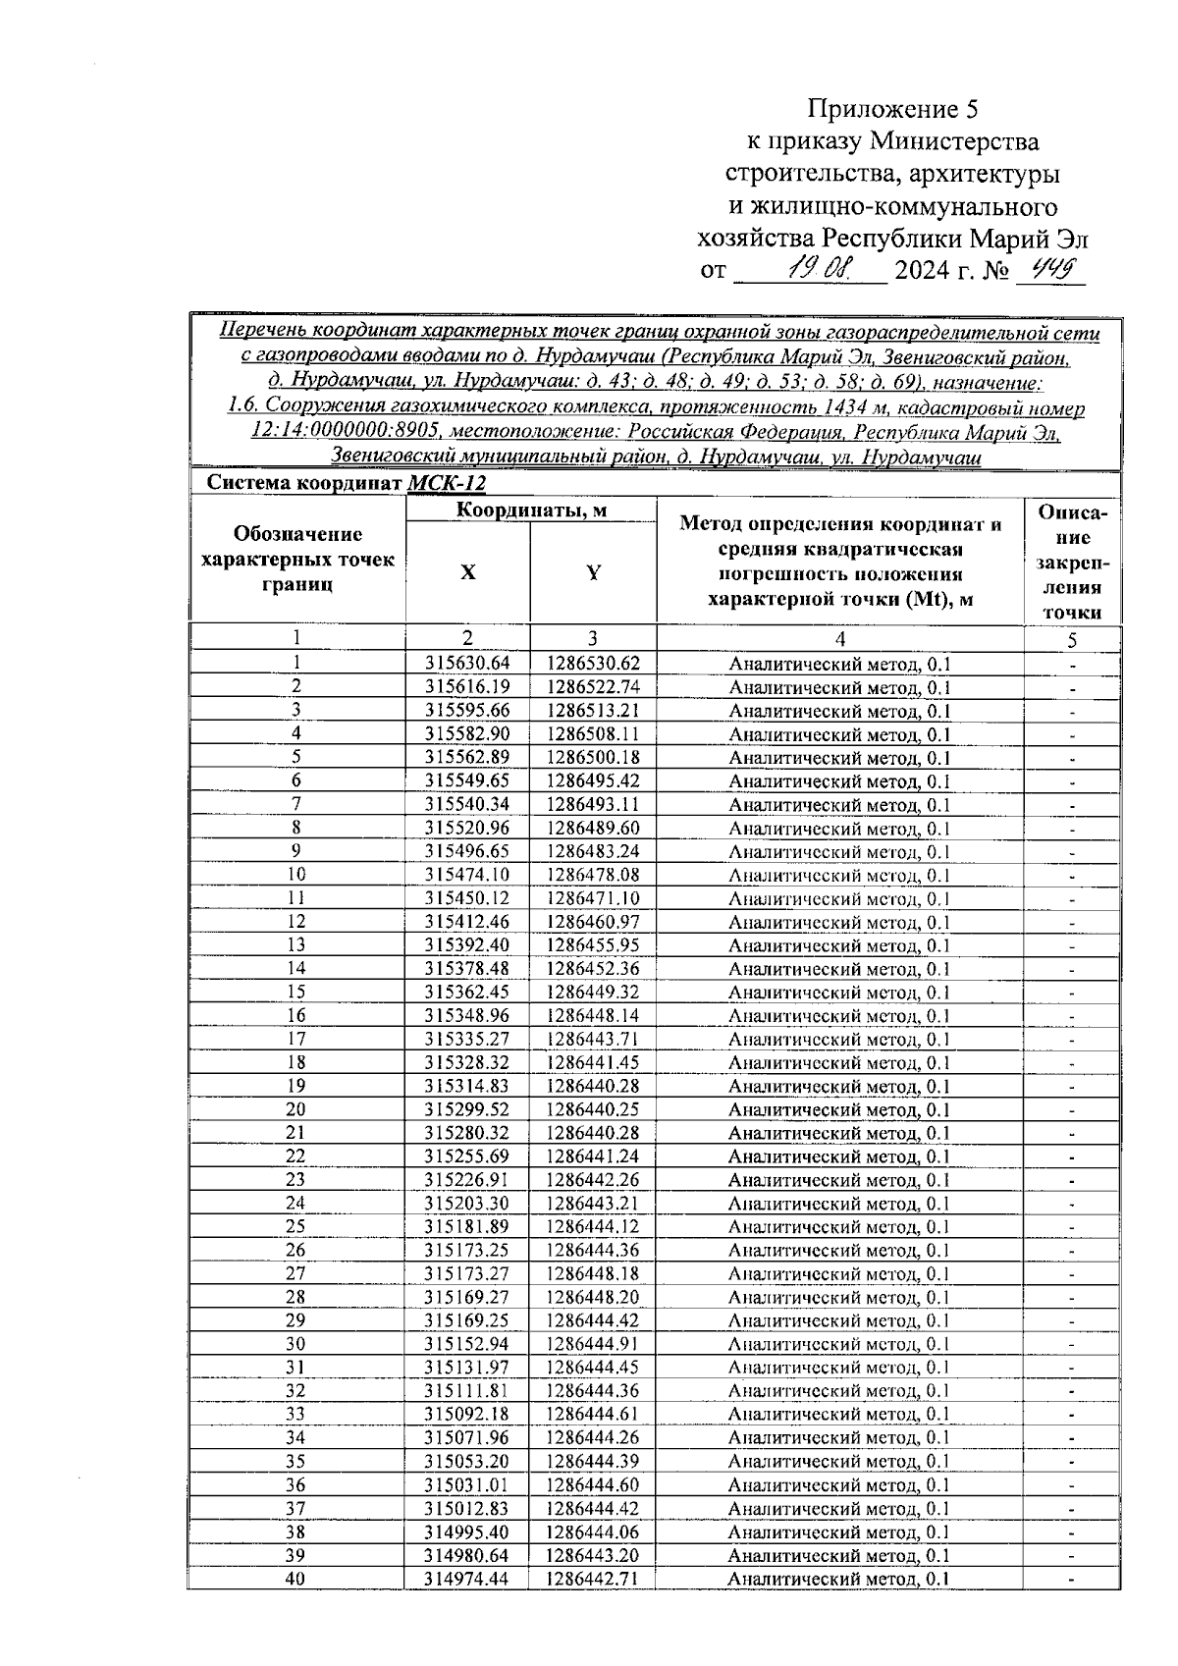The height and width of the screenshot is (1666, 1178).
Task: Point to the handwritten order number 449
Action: click(1048, 267)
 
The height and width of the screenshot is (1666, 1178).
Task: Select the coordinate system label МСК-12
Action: click(446, 484)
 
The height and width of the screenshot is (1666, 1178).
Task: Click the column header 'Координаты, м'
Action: click(531, 510)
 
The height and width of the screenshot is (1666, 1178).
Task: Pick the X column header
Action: click(468, 573)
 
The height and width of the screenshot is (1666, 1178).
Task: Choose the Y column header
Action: click(593, 573)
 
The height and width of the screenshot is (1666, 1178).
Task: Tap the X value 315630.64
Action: click(468, 664)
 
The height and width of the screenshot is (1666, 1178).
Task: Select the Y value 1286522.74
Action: click(593, 687)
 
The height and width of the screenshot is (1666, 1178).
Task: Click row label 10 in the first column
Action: click(295, 875)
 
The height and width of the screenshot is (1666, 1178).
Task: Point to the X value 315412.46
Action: click(468, 922)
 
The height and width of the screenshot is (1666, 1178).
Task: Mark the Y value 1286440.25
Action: click(593, 1109)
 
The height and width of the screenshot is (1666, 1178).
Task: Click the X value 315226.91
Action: click(468, 1180)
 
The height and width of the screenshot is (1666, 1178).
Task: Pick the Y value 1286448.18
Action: click(593, 1274)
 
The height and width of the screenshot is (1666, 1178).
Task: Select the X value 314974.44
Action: click(468, 1579)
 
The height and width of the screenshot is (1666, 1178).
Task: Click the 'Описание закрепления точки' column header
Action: click(1072, 563)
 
